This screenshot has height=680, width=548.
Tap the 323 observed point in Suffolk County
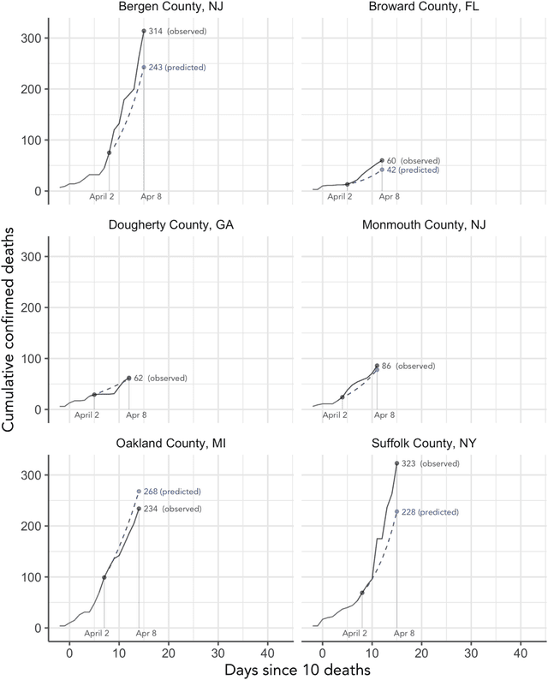pyautogui.click(x=396, y=463)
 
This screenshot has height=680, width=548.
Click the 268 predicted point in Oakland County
pyautogui.click(x=139, y=492)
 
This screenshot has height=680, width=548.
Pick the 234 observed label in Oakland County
pyautogui.click(x=172, y=509)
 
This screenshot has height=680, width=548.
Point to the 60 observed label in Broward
pyautogui.click(x=413, y=160)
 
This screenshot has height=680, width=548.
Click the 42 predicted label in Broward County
pyautogui.click(x=413, y=170)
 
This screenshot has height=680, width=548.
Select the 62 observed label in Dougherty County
pyautogui.click(x=160, y=378)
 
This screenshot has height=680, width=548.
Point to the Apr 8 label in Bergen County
pyautogui.click(x=151, y=197)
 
